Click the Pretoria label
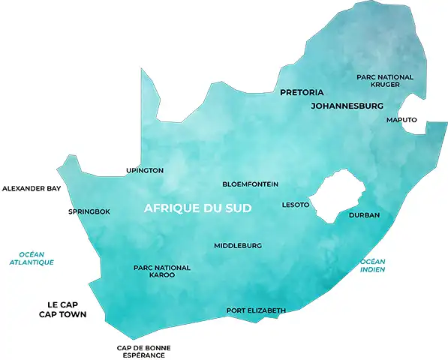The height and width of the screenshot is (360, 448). [301, 93]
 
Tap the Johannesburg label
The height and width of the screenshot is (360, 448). [347, 106]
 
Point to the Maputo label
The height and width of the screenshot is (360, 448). [401, 120]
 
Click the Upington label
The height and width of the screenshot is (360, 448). [145, 171]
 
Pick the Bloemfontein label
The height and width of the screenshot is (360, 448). [251, 184]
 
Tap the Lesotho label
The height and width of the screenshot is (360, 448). [295, 204]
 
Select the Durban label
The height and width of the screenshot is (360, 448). [364, 215]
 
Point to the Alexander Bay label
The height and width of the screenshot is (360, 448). [32, 189]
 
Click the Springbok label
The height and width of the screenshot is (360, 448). [89, 211]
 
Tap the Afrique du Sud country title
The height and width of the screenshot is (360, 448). [197, 208]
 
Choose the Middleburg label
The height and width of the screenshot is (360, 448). [238, 246]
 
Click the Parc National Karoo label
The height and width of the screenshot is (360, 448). [161, 271]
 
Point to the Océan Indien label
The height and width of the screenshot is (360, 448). [372, 265]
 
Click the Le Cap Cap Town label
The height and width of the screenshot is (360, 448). [62, 310]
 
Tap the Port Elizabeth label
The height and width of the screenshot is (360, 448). [256, 310]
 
